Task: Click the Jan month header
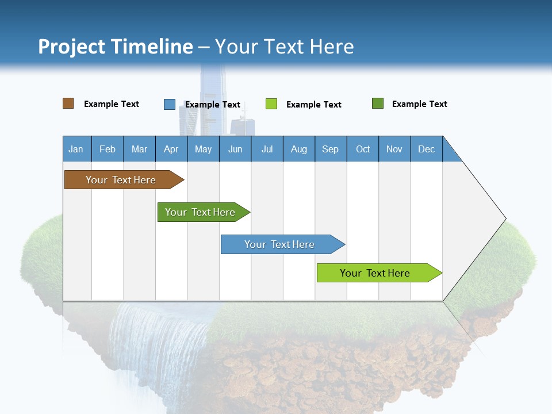coord(76,149)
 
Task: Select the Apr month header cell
coord(171,149)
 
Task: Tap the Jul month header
coord(267,149)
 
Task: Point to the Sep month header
coord(330,149)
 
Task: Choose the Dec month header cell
coord(426,149)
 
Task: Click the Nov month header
coord(394,149)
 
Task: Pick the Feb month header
coord(108,149)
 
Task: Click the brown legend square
coord(68,103)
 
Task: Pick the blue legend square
coord(169,104)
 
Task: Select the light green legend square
coord(271,104)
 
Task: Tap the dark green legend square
coord(378,103)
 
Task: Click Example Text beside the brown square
coord(111,104)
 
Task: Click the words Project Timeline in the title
coord(116,47)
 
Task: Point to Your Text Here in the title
coord(284,47)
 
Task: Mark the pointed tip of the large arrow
coord(504,218)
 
